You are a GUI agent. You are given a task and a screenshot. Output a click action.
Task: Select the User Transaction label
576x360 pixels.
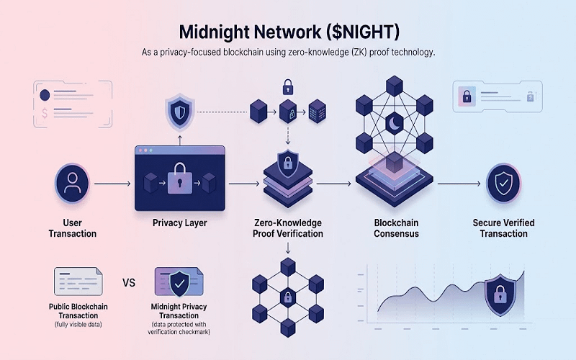[72, 228]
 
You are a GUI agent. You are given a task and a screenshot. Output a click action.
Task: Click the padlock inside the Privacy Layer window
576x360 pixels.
[179, 179]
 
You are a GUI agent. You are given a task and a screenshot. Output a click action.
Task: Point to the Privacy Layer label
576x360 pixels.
[179, 223]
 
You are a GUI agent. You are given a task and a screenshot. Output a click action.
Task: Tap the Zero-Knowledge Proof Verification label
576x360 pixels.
[287, 228]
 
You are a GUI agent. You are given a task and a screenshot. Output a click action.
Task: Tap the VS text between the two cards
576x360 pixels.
[130, 282]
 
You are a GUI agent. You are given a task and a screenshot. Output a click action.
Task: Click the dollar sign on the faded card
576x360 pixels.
[45, 112]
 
